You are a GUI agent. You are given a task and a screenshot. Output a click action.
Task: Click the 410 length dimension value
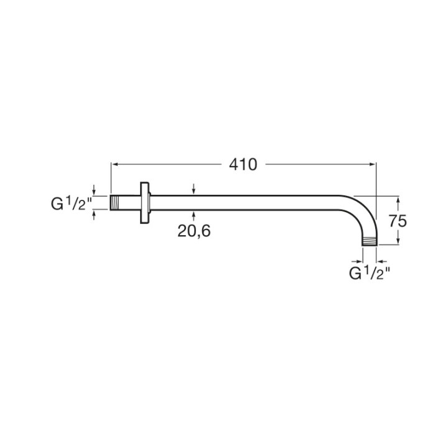(243, 164)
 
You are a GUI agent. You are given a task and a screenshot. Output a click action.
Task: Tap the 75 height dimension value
(398, 221)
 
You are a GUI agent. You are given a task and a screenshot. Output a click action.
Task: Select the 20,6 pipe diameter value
(194, 231)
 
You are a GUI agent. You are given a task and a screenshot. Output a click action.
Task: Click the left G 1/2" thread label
(71, 203)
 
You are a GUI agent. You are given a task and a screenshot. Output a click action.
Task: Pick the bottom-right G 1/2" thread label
(369, 273)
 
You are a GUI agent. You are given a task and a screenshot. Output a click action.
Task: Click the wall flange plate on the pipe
(145, 203)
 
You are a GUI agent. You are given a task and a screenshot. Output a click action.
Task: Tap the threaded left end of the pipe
(115, 203)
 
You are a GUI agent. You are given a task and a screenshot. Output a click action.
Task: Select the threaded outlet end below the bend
(370, 241)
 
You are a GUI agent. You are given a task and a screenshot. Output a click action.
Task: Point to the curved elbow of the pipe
(364, 211)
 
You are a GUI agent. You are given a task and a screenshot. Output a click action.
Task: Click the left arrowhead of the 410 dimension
(115, 164)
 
